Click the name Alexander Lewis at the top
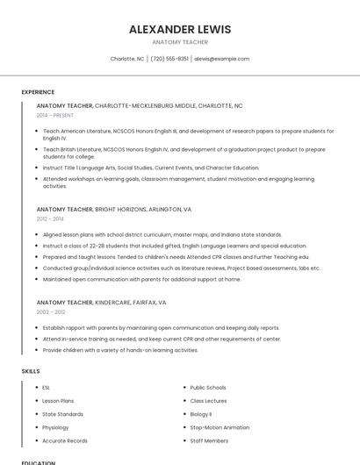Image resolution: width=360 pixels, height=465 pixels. pos(180,29)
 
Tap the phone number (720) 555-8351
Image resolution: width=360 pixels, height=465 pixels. pos(169,59)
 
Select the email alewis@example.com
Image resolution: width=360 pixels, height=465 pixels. pos(221,59)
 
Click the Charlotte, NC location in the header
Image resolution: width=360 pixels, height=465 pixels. pos(127,59)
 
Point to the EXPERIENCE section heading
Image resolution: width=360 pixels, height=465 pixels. pos(38,92)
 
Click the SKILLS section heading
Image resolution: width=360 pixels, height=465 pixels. pos(31,371)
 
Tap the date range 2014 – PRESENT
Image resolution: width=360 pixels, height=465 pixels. pos(55,115)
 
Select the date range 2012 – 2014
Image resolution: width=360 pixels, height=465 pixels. pos(50,219)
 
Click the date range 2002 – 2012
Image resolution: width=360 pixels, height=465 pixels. pos(51,311)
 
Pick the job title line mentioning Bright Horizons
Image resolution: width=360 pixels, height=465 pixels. pos(114,210)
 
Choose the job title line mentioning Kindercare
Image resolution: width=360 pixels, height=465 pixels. pos(101,302)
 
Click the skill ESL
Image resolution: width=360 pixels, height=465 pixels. pos(46,387)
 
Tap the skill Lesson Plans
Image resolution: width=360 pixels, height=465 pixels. pos(58,400)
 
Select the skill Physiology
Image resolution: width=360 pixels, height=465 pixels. pos(56,427)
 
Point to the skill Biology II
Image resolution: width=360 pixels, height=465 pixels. pos(201,414)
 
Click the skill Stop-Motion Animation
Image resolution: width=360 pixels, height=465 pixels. pos(220,427)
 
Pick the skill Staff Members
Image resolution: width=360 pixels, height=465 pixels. pos(209,440)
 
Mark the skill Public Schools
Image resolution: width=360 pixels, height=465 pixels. pos(208,387)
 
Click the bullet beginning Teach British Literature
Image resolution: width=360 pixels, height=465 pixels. pos(184,153)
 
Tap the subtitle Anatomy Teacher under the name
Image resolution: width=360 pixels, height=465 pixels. pos(180,42)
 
